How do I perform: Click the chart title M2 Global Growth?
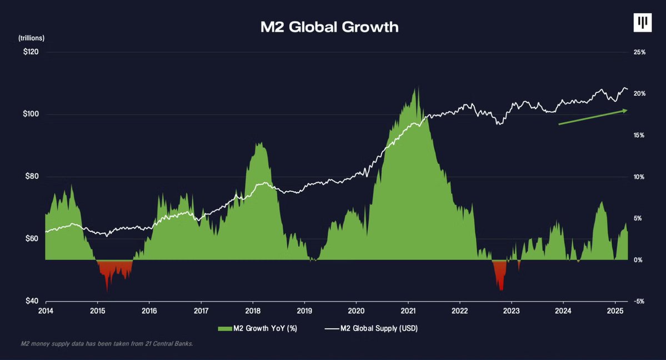tap(329, 27)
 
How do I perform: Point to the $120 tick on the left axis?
tap(31, 52)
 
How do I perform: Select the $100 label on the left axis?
tap(31, 114)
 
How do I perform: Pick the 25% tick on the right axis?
tap(639, 52)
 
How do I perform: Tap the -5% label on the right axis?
tap(639, 301)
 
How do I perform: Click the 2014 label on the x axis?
tap(46, 311)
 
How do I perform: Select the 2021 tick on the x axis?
tap(408, 311)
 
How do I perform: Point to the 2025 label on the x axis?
tap(615, 311)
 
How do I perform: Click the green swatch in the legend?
tap(223, 328)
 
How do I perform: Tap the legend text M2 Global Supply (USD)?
tap(379, 328)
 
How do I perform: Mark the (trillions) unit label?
tap(32, 38)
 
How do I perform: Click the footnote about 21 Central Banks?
tap(107, 344)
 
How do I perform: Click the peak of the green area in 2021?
tap(414, 88)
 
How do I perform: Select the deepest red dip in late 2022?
tap(502, 289)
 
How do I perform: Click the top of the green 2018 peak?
tap(257, 143)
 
